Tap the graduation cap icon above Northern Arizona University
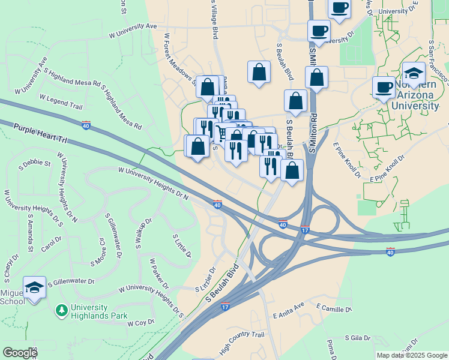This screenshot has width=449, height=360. pos(414,74)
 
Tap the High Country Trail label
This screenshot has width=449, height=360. pos(242,343)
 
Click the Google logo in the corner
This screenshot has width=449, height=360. pos(20,352)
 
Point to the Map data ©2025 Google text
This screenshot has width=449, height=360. pos(411,355)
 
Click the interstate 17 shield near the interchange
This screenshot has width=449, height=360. pos(304,230)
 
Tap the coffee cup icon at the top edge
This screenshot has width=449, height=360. pos(340,8)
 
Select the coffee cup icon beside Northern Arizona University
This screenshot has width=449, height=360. pos(384,88)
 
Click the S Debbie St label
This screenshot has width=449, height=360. pos(34,163)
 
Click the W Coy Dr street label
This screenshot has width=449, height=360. pos(141,323)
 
